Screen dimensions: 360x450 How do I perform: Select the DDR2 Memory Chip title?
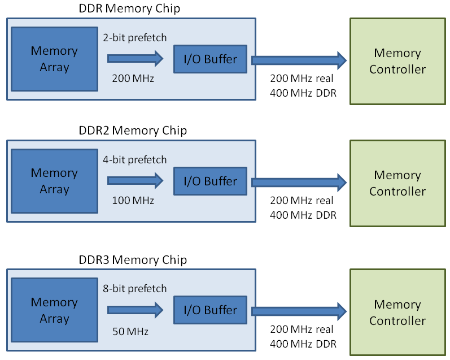133,131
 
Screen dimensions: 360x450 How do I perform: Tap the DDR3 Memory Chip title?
133,260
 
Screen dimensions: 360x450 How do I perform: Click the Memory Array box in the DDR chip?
54,59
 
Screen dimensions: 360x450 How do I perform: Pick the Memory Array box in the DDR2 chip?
54,181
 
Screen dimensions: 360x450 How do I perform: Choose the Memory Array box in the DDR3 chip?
54,310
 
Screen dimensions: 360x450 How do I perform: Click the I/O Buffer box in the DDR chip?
210,59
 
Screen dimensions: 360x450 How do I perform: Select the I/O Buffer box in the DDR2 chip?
210,181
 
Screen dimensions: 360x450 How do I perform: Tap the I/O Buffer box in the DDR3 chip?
210,310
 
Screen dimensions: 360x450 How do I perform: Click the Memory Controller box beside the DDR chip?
397,61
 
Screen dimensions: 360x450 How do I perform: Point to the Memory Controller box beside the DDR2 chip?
397,183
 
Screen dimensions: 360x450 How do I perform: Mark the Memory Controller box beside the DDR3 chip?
397,313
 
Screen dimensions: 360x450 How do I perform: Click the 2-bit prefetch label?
135,38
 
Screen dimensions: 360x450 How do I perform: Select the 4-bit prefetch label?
135,160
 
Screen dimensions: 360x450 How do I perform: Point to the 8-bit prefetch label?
135,289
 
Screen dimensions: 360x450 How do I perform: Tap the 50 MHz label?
130,332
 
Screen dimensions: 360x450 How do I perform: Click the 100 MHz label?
133,201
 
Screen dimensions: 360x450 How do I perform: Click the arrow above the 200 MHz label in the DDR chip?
135,58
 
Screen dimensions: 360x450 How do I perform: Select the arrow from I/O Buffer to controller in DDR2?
298,181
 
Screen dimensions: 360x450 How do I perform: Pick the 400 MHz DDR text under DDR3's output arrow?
304,344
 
